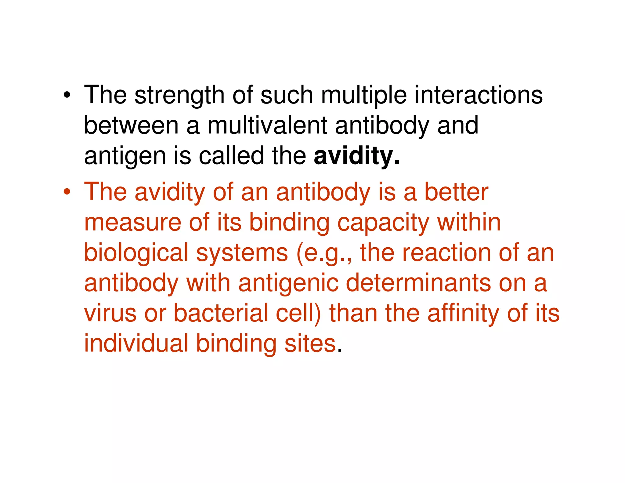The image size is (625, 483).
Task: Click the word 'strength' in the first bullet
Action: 179,95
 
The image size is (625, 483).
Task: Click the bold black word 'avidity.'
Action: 356,156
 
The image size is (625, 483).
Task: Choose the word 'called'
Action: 231,156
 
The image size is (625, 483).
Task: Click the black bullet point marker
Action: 67,95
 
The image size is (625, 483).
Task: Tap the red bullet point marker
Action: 67,192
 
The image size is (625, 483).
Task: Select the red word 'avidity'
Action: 170,192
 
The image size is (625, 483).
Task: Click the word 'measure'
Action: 133,222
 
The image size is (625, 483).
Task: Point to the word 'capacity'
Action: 383,223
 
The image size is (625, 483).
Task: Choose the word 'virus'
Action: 110,313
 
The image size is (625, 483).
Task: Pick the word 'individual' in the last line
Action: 136,343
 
